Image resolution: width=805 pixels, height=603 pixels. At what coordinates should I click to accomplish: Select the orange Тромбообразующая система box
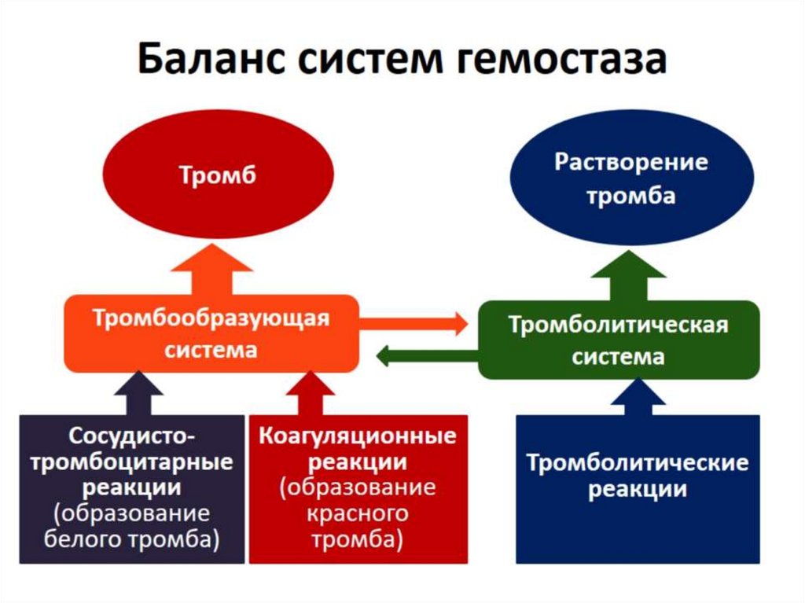(211, 333)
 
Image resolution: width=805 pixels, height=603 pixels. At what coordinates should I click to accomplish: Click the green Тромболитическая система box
(619, 340)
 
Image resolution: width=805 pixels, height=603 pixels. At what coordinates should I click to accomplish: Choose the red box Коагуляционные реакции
(358, 488)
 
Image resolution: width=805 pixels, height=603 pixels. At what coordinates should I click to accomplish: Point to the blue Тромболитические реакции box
(638, 488)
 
